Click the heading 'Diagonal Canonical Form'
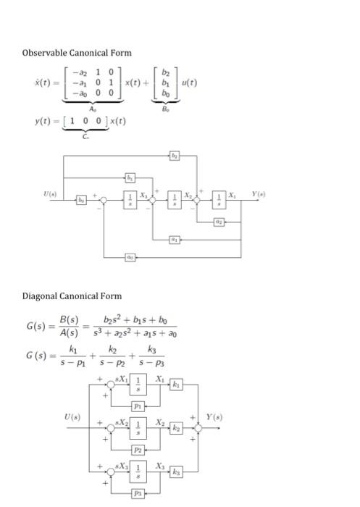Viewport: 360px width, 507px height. (x=72, y=296)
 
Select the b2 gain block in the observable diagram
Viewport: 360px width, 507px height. (x=175, y=156)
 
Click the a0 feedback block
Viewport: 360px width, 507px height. (x=130, y=257)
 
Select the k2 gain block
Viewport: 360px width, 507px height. (x=174, y=429)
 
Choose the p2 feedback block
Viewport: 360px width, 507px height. (x=136, y=449)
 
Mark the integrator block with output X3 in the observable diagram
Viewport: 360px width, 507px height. (x=130, y=198)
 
